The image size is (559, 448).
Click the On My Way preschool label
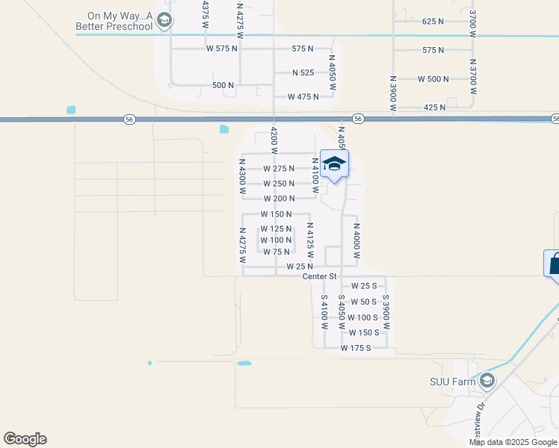(x=120, y=21)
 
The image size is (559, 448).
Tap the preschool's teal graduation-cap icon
(x=166, y=21)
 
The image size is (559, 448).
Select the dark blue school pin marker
(x=334, y=164)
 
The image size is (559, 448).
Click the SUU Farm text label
(x=452, y=382)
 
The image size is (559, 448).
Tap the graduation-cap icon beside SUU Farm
(x=487, y=382)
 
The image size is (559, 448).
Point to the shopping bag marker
(x=554, y=264)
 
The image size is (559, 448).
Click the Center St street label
(x=321, y=276)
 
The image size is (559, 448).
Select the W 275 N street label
(x=279, y=169)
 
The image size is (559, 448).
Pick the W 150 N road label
(x=276, y=214)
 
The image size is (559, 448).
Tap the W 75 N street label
(x=276, y=252)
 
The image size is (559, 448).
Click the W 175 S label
(x=356, y=348)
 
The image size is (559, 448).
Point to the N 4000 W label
(x=357, y=241)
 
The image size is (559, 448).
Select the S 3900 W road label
(x=386, y=311)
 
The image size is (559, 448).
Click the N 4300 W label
(x=242, y=178)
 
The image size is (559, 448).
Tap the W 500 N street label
(x=433, y=79)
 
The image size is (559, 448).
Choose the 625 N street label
(x=433, y=22)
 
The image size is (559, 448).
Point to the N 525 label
(x=303, y=72)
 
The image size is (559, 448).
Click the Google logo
(x=25, y=439)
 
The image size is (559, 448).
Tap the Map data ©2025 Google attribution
(x=512, y=442)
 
